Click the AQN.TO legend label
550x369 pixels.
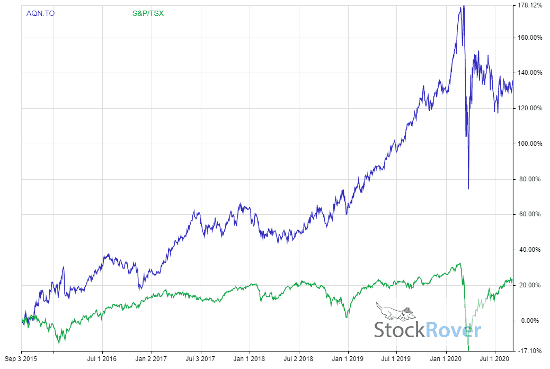tap(40, 13)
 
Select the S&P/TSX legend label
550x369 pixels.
tap(148, 13)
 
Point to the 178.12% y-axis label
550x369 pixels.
tap(531, 6)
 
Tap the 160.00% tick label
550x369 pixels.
tap(531, 38)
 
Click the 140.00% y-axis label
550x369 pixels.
tap(531, 73)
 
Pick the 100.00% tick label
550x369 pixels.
tap(531, 144)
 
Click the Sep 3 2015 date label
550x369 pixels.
tap(21, 359)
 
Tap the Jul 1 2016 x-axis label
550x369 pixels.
tap(102, 359)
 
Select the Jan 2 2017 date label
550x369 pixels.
tap(152, 359)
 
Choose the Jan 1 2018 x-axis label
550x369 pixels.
tap(250, 359)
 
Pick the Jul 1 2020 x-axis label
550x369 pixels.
tap(495, 359)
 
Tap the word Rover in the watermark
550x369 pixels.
tap(453, 330)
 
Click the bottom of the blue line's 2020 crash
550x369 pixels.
tap(468, 188)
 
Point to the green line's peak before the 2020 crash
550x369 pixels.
tap(460, 263)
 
